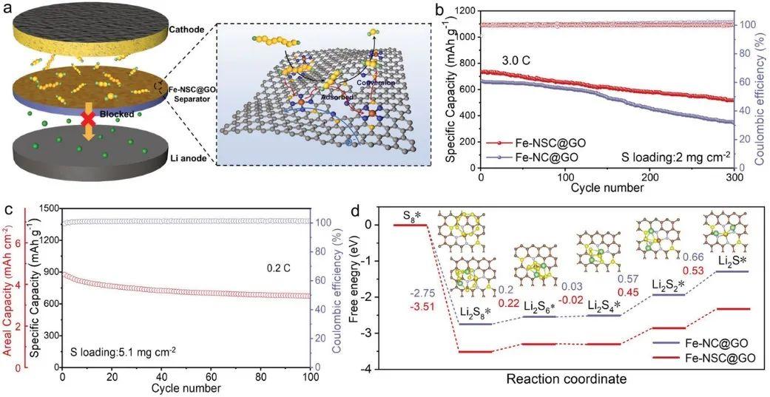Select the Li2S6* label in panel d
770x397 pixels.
coord(541,305)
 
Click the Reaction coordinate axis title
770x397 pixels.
coord(566,379)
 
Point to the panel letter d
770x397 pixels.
coord(354,210)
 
